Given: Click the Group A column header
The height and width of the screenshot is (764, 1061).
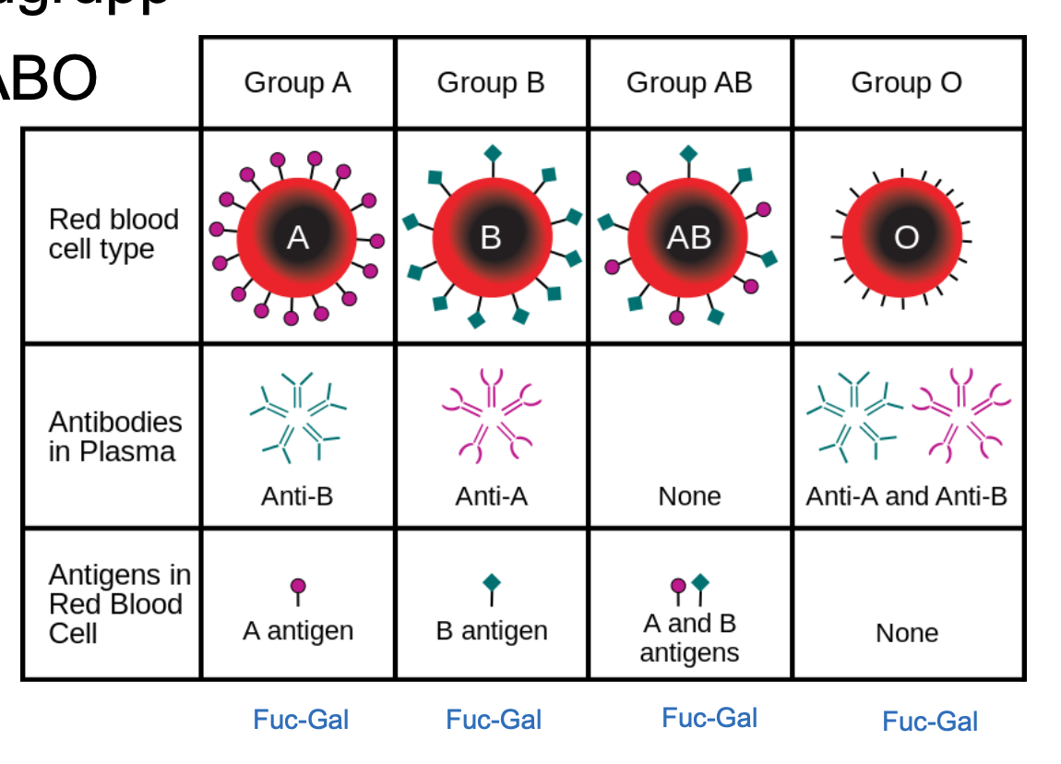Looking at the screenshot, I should pyautogui.click(x=297, y=83).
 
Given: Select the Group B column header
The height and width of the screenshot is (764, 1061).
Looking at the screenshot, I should pyautogui.click(x=491, y=83).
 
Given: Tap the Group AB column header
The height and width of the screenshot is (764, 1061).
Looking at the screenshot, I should pyautogui.click(x=689, y=83).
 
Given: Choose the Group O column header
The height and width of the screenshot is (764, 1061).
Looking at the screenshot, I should pyautogui.click(x=906, y=83).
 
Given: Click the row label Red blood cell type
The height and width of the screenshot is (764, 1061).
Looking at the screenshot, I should pyautogui.click(x=113, y=234).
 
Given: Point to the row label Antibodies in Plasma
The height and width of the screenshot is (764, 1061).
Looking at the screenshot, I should pyautogui.click(x=115, y=436).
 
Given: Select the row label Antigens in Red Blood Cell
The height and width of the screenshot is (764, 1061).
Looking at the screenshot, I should pyautogui.click(x=119, y=604).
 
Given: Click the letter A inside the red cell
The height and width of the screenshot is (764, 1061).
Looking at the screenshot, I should pyautogui.click(x=297, y=238).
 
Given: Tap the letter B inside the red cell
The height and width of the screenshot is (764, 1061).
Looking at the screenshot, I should pyautogui.click(x=491, y=238).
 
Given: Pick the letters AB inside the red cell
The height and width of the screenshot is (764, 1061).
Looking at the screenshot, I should pyautogui.click(x=689, y=238).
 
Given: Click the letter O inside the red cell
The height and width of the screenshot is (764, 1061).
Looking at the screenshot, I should pyautogui.click(x=906, y=238).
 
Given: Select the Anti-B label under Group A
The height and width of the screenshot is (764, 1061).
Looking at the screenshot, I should pyautogui.click(x=297, y=496).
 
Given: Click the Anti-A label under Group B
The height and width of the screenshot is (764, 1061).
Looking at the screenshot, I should pyautogui.click(x=491, y=496).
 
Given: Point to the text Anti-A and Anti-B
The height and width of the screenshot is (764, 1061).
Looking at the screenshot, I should pyautogui.click(x=906, y=496).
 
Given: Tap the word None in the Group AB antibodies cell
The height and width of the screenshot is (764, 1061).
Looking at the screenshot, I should pyautogui.click(x=689, y=496).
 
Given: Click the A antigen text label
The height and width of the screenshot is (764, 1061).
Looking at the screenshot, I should pyautogui.click(x=297, y=631).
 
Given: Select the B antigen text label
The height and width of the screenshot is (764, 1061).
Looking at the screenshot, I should pyautogui.click(x=491, y=631).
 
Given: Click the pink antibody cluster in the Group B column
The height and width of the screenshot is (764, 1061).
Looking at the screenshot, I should pyautogui.click(x=492, y=415).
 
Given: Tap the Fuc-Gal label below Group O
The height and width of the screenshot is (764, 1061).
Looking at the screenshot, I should pyautogui.click(x=929, y=722).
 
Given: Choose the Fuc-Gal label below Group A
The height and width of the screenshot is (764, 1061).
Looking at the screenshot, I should pyautogui.click(x=301, y=720).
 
